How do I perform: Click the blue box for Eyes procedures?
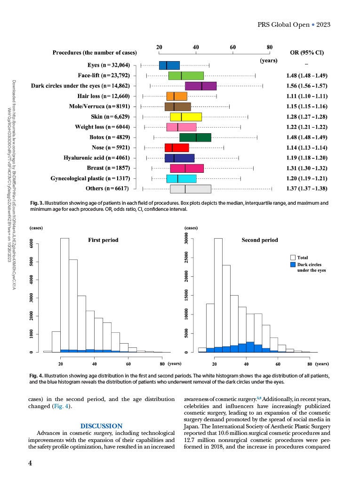coord(169,65)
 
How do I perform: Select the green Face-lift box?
coord(186,76)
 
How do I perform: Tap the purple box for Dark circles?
coord(200,86)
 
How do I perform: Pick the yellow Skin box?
coord(185,117)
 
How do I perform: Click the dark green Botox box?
coord(195,137)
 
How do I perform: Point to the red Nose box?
coord(176,148)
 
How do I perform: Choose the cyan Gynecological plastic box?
coord(181,178)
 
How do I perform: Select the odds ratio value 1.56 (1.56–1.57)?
coord(306,86)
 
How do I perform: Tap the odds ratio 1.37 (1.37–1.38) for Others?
coord(306,189)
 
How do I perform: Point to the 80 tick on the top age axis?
coord(270,47)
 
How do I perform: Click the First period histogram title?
coord(103,240)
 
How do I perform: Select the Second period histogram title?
coord(260,240)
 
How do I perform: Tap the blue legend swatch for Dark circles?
coord(292,265)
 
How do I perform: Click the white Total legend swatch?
coord(292,257)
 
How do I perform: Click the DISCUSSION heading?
coord(102,426)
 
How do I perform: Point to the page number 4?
coord(30,463)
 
